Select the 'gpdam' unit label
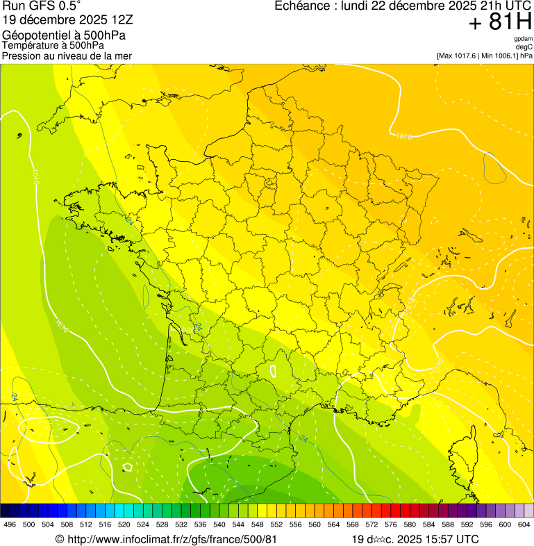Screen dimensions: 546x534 pos(523,39)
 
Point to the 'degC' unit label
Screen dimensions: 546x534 pos(524,47)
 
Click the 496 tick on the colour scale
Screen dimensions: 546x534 pos(10,525)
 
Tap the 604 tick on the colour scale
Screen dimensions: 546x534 pos(524,525)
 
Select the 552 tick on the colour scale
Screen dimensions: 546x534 pos(276,525)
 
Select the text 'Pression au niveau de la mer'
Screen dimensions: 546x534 pos(67,55)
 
